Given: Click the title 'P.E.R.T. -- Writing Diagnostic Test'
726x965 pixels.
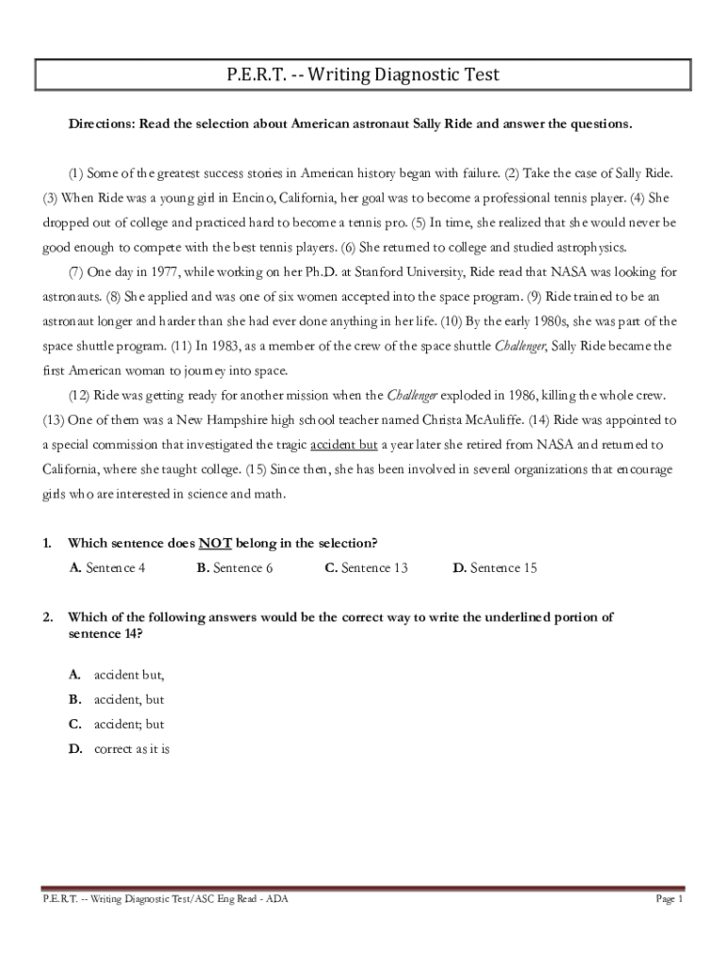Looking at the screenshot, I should pyautogui.click(x=363, y=74).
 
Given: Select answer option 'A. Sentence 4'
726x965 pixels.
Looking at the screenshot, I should pyautogui.click(x=107, y=567).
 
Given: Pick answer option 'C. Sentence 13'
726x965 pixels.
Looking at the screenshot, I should pyautogui.click(x=366, y=567).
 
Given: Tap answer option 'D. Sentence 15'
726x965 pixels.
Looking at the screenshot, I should pyautogui.click(x=494, y=567).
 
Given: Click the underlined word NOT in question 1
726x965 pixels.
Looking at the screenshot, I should pyautogui.click(x=215, y=543).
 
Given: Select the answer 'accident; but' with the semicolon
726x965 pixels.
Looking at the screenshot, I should pyautogui.click(x=128, y=725).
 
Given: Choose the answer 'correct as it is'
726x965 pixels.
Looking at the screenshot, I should pyautogui.click(x=131, y=749).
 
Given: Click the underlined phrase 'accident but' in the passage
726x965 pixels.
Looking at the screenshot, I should pyautogui.click(x=343, y=444).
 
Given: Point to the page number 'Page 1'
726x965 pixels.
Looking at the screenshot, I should pyautogui.click(x=668, y=900).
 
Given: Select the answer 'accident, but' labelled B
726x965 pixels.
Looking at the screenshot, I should pyautogui.click(x=128, y=700).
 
